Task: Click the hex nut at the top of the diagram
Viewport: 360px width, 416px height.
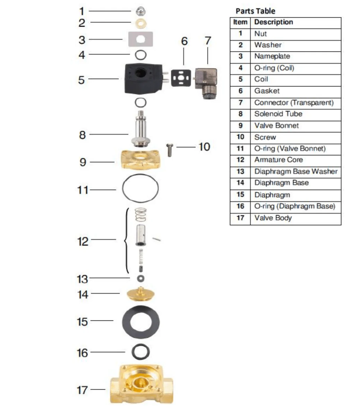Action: (x=140, y=11)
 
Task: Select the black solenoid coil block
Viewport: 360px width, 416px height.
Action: (x=143, y=79)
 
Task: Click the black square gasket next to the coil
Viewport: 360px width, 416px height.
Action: (x=181, y=78)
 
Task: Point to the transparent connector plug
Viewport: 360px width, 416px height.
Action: (x=206, y=83)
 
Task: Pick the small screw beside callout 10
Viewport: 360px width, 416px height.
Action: (x=170, y=150)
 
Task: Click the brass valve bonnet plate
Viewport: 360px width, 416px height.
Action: (x=141, y=160)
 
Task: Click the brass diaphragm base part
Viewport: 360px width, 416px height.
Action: (x=140, y=294)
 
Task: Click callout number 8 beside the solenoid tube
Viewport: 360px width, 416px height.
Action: (x=82, y=135)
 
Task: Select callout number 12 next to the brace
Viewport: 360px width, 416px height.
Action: (x=83, y=242)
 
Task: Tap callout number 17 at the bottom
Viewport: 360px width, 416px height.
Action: (x=82, y=390)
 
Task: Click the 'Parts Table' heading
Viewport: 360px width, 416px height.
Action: (x=255, y=11)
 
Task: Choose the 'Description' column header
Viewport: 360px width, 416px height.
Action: (x=273, y=22)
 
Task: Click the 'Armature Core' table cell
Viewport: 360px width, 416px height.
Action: (x=278, y=159)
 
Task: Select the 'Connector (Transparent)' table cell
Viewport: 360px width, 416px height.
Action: (x=294, y=103)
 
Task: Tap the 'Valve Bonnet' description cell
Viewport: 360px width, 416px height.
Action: (x=276, y=125)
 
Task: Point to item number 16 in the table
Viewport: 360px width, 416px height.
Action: (x=240, y=206)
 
